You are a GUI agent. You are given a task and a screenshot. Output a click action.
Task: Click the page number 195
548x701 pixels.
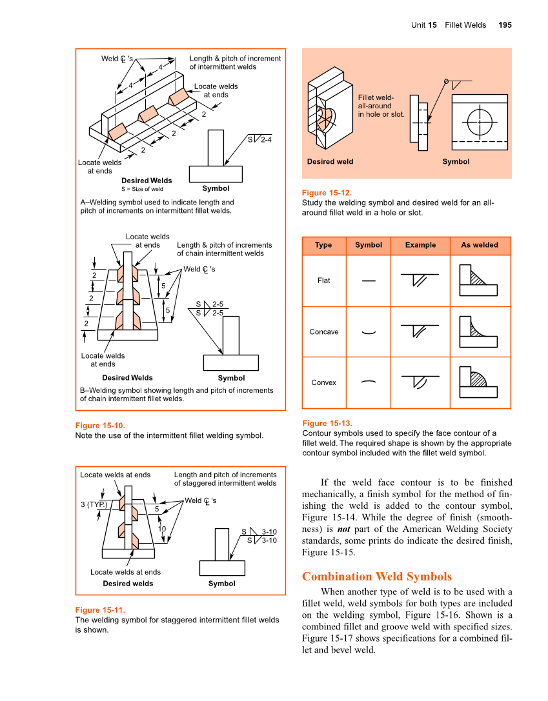click(505, 25)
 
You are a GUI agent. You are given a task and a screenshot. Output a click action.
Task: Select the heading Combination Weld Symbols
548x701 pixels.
click(376, 577)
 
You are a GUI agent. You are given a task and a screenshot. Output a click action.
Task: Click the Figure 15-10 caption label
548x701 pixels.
click(100, 426)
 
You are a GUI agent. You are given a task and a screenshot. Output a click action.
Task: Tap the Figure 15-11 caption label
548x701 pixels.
click(100, 610)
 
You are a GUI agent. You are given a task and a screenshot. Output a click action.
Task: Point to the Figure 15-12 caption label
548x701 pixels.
click(327, 193)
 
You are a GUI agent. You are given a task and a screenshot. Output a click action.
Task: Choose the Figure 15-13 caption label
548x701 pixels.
click(327, 423)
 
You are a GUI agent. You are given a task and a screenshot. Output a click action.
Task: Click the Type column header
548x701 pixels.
click(323, 245)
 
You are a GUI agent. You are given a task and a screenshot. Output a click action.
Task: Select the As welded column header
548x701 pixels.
click(479, 245)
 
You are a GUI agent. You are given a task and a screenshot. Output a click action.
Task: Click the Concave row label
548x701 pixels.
click(323, 332)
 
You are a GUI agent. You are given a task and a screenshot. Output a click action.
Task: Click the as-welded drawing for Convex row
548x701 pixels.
click(478, 382)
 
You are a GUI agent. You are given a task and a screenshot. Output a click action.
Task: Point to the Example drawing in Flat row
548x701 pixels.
click(420, 280)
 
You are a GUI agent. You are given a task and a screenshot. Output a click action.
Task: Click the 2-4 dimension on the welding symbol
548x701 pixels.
click(266, 139)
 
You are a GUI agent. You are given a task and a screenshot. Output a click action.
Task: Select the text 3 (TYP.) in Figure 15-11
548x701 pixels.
click(94, 504)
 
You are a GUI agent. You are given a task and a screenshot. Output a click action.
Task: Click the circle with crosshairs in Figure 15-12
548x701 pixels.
click(480, 120)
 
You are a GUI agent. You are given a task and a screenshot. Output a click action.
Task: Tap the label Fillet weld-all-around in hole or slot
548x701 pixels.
click(381, 106)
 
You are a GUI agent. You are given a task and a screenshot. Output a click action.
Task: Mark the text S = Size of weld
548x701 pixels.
click(142, 189)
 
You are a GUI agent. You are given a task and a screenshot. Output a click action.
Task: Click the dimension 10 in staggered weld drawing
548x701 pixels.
click(162, 529)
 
